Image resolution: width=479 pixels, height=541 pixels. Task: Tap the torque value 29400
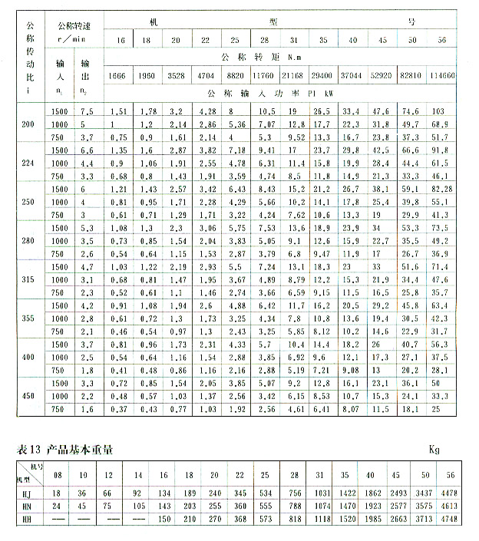322,76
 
